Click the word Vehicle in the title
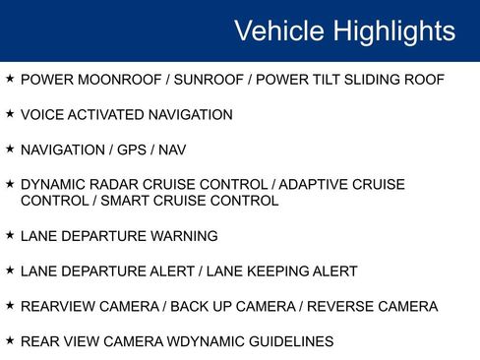279,30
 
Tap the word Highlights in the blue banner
394,31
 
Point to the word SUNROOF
209,80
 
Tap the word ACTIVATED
106,115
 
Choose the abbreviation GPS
132,150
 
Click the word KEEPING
277,271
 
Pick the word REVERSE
340,306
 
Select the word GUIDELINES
291,341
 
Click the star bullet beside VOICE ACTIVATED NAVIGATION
10,113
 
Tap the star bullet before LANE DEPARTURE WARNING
10,235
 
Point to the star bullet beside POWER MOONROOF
10,79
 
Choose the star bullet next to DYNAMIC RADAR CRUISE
10,183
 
